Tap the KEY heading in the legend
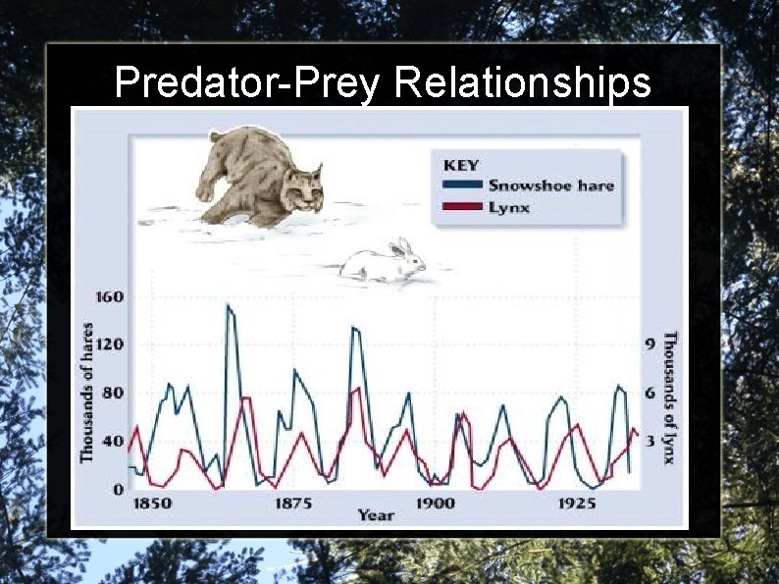pyautogui.click(x=461, y=165)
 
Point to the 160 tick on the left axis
pyautogui.click(x=109, y=296)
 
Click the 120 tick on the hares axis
pyautogui.click(x=109, y=345)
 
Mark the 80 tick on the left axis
pyautogui.click(x=113, y=393)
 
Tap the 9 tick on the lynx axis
pyautogui.click(x=649, y=345)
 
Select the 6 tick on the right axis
pyautogui.click(x=649, y=393)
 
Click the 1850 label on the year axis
pyautogui.click(x=152, y=503)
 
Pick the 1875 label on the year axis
pyautogui.click(x=293, y=503)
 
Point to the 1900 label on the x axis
pyautogui.click(x=435, y=503)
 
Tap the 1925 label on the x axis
pyautogui.click(x=577, y=503)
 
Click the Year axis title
pyautogui.click(x=376, y=515)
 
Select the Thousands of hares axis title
pyautogui.click(x=87, y=393)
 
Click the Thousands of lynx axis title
pyautogui.click(x=670, y=398)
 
